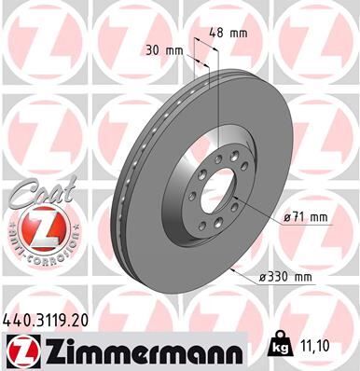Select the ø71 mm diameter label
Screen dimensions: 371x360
(x=304, y=217)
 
